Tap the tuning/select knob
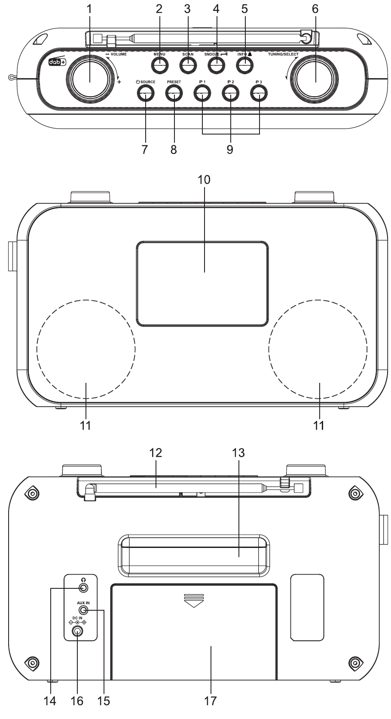pyautogui.click(x=315, y=79)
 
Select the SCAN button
pyautogui.click(x=188, y=66)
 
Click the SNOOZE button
pyautogui.click(x=216, y=66)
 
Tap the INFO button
pyautogui.click(x=244, y=66)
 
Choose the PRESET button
pyautogui.click(x=174, y=93)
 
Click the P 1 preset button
pyautogui.click(x=202, y=93)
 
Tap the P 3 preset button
pyautogui.click(x=259, y=93)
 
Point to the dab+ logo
pyautogui.click(x=57, y=62)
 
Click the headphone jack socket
pyautogui.click(x=83, y=588)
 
